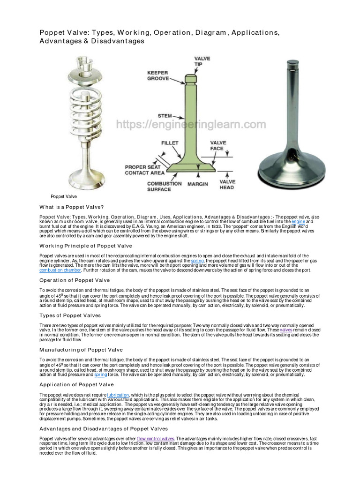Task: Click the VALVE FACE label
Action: pos(218,145)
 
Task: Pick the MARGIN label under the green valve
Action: pos(198,184)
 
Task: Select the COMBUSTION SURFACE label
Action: pos(164,187)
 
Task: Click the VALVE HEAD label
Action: pos(227,184)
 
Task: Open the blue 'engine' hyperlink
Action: pos(298,222)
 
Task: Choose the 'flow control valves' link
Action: pos(155,438)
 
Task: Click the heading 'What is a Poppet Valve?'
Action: pos(72,207)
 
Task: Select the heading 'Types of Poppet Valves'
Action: pos(70,315)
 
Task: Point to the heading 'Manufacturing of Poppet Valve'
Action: pos(81,350)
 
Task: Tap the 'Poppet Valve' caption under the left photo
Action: pos(64,196)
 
